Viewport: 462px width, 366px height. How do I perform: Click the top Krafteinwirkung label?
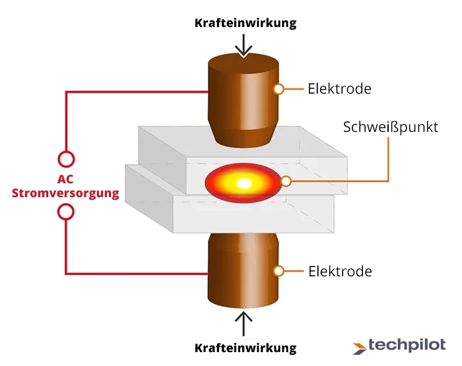click(245, 22)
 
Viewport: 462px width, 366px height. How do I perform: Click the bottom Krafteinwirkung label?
click(245, 348)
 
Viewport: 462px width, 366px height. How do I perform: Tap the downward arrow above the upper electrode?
click(244, 45)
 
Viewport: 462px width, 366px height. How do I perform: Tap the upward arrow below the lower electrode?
click(244, 324)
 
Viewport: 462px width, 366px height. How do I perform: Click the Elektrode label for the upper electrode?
click(339, 88)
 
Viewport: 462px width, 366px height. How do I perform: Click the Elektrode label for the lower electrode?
click(339, 271)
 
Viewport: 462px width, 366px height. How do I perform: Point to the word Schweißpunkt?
click(390, 127)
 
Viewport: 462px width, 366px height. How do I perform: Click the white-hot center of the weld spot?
click(242, 181)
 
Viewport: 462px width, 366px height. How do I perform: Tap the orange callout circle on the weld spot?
click(286, 181)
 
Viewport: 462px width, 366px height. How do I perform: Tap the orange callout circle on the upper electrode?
click(279, 88)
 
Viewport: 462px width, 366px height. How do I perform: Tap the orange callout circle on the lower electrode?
click(279, 271)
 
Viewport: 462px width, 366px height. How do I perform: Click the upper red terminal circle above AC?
click(66, 159)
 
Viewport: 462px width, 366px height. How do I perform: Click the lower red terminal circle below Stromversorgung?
click(66, 212)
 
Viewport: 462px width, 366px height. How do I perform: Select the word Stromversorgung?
click(66, 193)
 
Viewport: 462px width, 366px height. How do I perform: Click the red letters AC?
click(65, 179)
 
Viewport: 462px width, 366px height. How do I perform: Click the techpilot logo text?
click(407, 345)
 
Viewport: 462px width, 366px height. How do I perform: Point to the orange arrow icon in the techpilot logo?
click(360, 346)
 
